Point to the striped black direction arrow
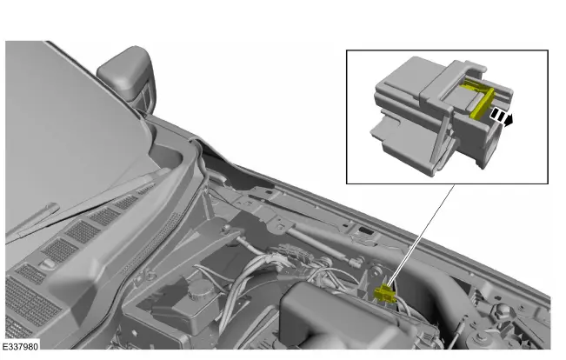(498, 117)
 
